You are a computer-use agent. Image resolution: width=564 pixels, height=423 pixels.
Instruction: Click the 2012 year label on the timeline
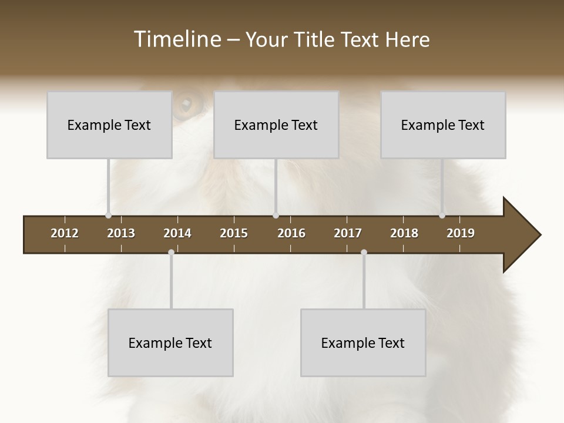65,233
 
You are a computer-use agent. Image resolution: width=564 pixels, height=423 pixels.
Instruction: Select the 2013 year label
121,233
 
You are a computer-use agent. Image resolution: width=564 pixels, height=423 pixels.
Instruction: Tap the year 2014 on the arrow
177,233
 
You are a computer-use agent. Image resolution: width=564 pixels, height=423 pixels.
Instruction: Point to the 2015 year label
234,233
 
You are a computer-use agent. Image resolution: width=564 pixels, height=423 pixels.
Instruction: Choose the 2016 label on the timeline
291,233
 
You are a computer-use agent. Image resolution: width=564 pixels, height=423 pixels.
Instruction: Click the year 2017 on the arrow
348,233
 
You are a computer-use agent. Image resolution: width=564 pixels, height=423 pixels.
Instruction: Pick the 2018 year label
404,233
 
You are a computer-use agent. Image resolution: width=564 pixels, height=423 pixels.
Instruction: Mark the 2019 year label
461,233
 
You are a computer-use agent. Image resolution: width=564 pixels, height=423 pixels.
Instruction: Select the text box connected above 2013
109,125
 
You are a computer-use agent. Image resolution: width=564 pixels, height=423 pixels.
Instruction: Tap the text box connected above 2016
276,125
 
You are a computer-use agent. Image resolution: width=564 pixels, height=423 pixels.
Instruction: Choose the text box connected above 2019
443,125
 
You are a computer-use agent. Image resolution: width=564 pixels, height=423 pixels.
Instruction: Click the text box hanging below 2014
170,343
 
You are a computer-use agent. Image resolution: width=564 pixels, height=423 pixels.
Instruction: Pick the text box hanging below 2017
363,343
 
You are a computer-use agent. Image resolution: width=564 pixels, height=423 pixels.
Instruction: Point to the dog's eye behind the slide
187,105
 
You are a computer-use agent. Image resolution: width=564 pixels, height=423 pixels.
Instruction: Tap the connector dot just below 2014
171,253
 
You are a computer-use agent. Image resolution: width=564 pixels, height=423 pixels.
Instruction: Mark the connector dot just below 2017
364,253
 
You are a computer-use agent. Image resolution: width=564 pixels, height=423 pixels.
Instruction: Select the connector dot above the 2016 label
276,216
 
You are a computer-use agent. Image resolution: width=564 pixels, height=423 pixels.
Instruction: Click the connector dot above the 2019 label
442,216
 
